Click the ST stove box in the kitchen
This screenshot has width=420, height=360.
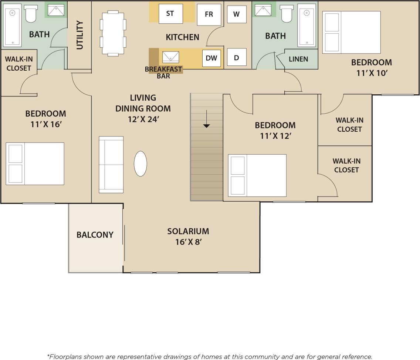(170, 14)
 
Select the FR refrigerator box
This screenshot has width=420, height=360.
(209, 14)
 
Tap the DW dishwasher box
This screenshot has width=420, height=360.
(211, 58)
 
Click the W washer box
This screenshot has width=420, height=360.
(236, 14)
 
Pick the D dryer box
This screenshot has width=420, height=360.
(236, 58)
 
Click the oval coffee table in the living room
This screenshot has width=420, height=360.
(140, 164)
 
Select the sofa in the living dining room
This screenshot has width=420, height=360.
(111, 165)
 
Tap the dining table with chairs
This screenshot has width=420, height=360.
(114, 33)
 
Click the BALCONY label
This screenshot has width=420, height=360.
(95, 235)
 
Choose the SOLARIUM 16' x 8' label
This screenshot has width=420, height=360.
(188, 236)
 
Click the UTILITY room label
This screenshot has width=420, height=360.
(80, 35)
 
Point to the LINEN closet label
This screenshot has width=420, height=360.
(298, 59)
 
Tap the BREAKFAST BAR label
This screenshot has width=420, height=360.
(163, 73)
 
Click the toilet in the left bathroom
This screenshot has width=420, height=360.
(30, 14)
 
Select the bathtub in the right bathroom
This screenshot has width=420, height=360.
(306, 25)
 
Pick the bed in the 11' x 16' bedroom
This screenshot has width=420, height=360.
(35, 164)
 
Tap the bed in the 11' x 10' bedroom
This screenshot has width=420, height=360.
(351, 32)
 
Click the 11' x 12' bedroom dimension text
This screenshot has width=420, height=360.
(275, 136)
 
